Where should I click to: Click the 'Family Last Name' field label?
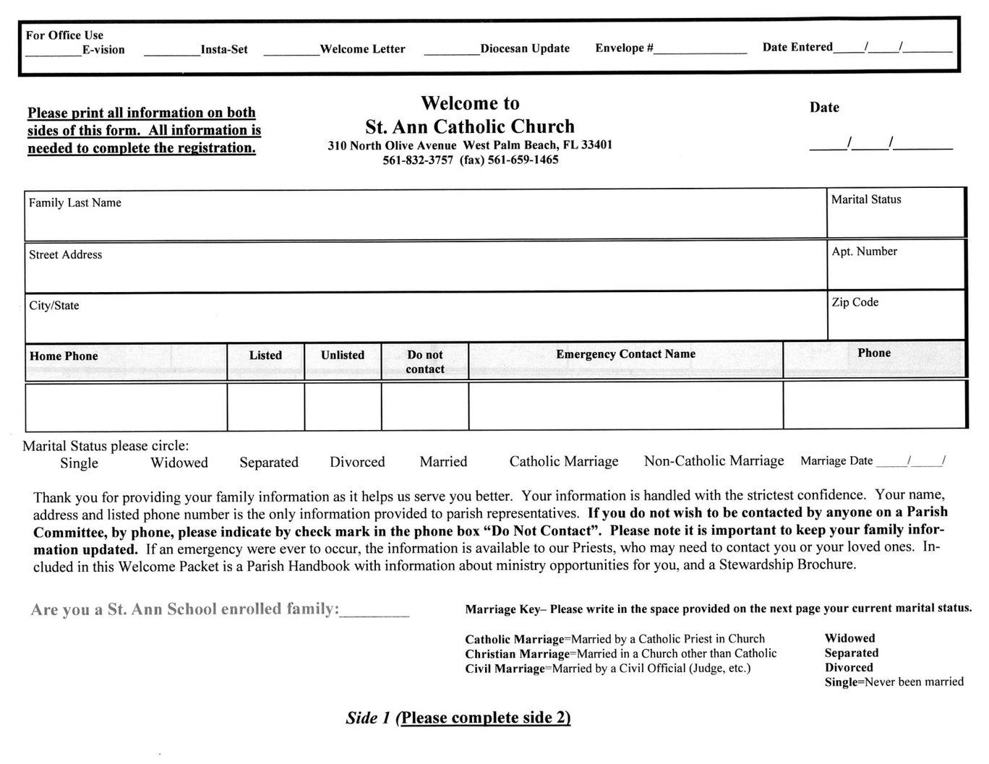75,203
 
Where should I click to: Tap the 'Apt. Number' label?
864,252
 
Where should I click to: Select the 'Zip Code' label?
855,302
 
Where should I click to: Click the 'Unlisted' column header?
343,355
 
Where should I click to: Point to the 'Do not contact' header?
425,361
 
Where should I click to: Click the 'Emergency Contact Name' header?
625,354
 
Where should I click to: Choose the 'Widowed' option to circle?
179,463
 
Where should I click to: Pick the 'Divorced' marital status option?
357,462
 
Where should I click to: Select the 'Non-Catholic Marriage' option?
714,460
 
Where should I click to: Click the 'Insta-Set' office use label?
224,50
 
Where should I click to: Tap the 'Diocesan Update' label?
525,48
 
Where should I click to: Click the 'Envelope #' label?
624,48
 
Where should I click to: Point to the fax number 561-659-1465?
523,160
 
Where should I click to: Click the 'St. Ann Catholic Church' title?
470,126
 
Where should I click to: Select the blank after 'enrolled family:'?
374,610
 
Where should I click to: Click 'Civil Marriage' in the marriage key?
505,669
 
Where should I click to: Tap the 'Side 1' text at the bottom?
368,718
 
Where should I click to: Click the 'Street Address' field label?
66,254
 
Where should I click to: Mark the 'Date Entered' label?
797,47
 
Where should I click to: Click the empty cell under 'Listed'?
265,407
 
